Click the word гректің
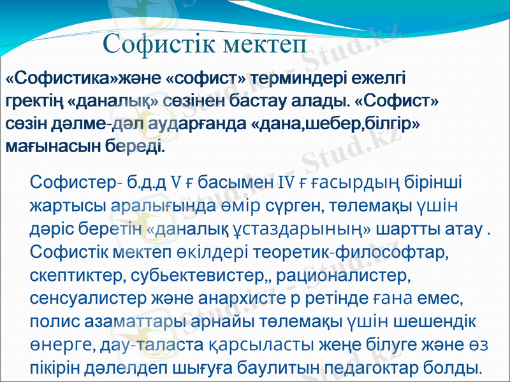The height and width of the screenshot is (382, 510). pyautogui.click(x=33, y=102)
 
